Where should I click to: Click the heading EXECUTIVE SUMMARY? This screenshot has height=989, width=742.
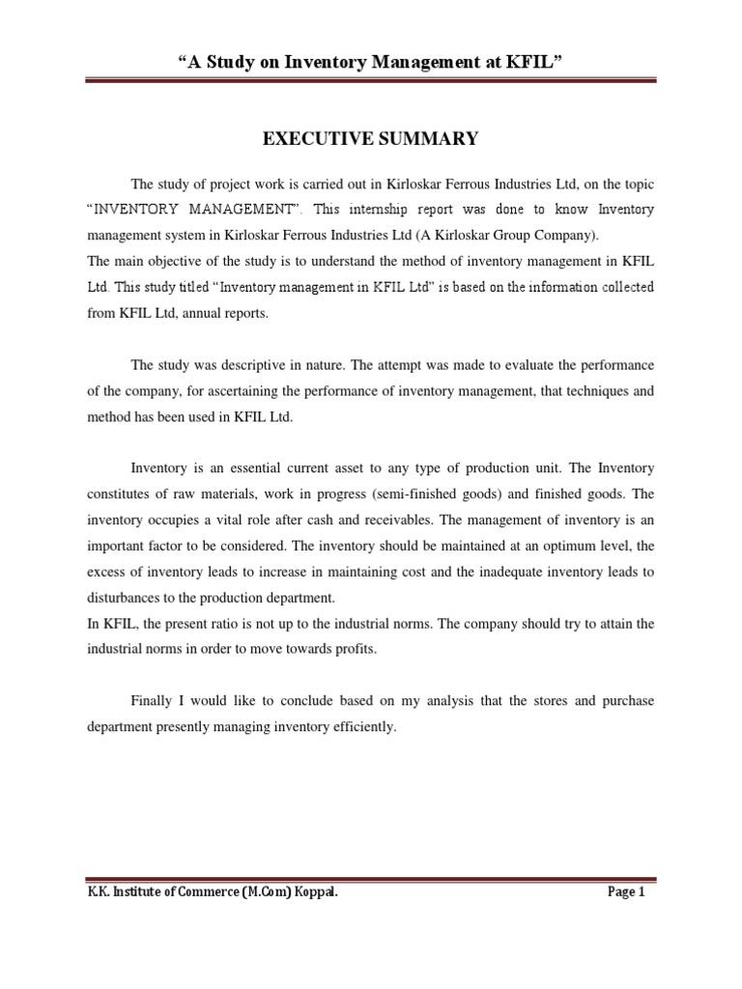click(x=371, y=139)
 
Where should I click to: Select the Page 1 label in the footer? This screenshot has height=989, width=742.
click(x=626, y=892)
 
